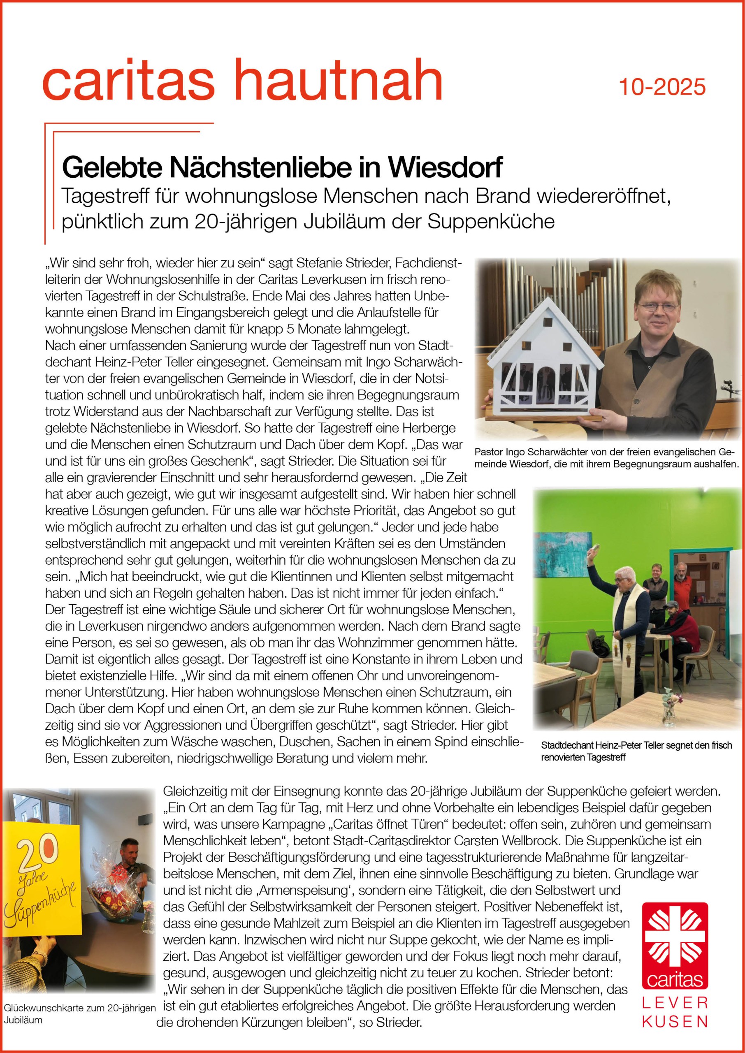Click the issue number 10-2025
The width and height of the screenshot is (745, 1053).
coord(662,87)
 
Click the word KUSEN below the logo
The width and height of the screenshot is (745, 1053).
coord(675,1021)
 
